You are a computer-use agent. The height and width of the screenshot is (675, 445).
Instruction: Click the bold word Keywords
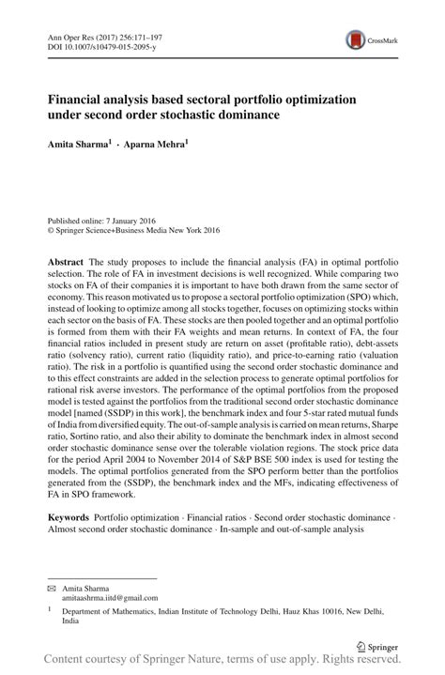coord(67,518)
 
